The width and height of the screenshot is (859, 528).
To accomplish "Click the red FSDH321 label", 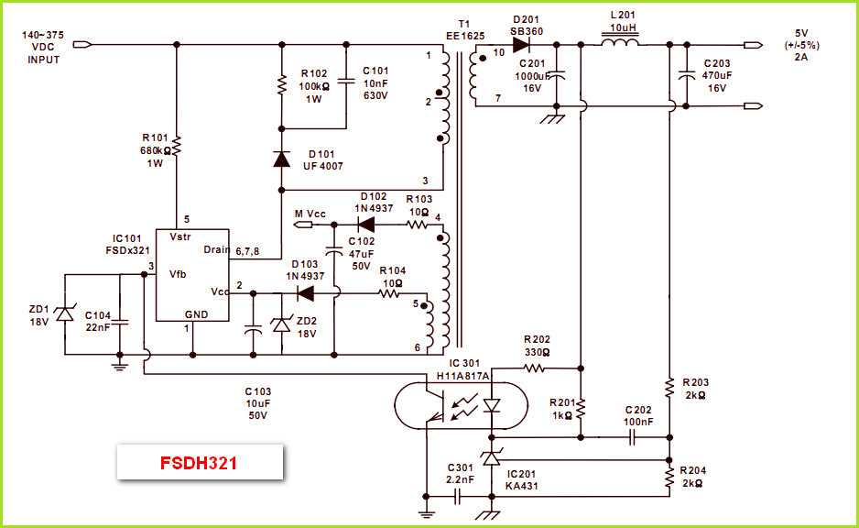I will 198,463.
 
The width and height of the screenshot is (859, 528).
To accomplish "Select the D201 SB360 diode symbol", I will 524,44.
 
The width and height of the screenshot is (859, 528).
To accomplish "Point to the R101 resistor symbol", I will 178,145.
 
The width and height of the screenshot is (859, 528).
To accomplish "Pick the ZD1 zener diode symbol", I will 64,313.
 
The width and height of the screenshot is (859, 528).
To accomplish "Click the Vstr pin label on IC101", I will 180,236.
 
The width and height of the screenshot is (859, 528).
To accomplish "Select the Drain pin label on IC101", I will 216,249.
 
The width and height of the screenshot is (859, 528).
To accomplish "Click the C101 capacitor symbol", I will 346,82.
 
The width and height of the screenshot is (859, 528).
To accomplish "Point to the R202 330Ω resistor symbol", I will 535,368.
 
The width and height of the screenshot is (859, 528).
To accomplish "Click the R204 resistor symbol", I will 670,476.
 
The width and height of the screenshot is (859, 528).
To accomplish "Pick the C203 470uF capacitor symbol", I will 685,78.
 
